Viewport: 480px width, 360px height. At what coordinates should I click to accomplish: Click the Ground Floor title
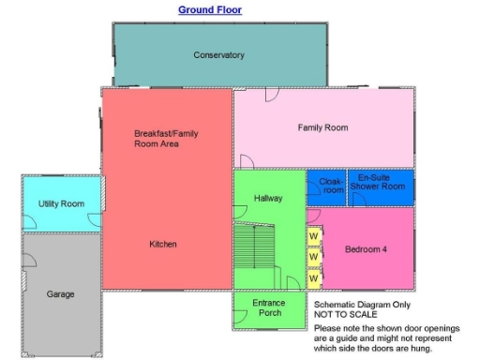[210, 10]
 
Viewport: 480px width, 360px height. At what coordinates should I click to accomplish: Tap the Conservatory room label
[218, 55]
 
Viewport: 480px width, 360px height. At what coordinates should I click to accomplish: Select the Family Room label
[322, 127]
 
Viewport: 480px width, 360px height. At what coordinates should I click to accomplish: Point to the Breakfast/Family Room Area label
[166, 139]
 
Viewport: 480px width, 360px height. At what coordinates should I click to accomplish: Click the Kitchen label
[163, 245]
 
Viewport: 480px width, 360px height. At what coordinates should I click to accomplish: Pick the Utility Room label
[61, 203]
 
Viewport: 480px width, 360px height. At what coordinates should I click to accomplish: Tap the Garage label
[60, 294]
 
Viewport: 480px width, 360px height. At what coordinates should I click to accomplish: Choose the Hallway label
[268, 199]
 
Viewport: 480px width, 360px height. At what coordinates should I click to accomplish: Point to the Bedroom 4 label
[365, 249]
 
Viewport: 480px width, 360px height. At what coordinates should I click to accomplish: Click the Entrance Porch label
[269, 308]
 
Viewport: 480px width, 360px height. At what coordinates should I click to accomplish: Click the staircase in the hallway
[255, 253]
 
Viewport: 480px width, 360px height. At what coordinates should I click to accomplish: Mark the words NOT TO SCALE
[343, 316]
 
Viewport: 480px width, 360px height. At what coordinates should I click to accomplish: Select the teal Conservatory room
[218, 70]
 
